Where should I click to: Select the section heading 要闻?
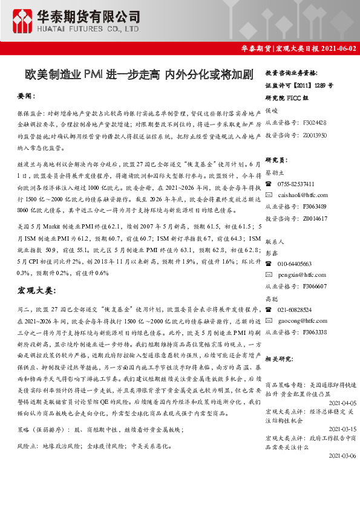click(x=27, y=96)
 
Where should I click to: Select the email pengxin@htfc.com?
click(x=301, y=275)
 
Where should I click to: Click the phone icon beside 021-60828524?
click(x=269, y=309)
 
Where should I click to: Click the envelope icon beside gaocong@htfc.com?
click(x=269, y=320)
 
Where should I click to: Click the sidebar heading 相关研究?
click(x=279, y=358)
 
